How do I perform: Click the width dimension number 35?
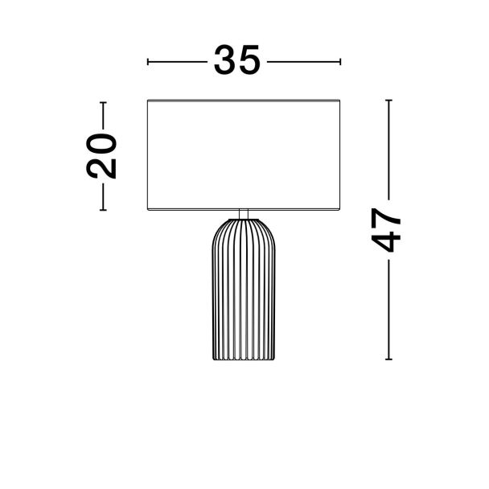click(x=236, y=60)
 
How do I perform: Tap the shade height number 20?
click(x=101, y=156)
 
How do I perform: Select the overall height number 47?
click(x=386, y=230)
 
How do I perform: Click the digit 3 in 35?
click(x=224, y=60)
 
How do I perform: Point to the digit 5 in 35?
click(x=249, y=60)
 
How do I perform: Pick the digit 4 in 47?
click(x=386, y=241)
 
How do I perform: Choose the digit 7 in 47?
click(x=386, y=218)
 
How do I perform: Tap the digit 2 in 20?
click(x=101, y=168)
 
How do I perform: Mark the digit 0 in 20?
click(x=101, y=144)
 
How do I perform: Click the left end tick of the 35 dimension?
click(x=148, y=62)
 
